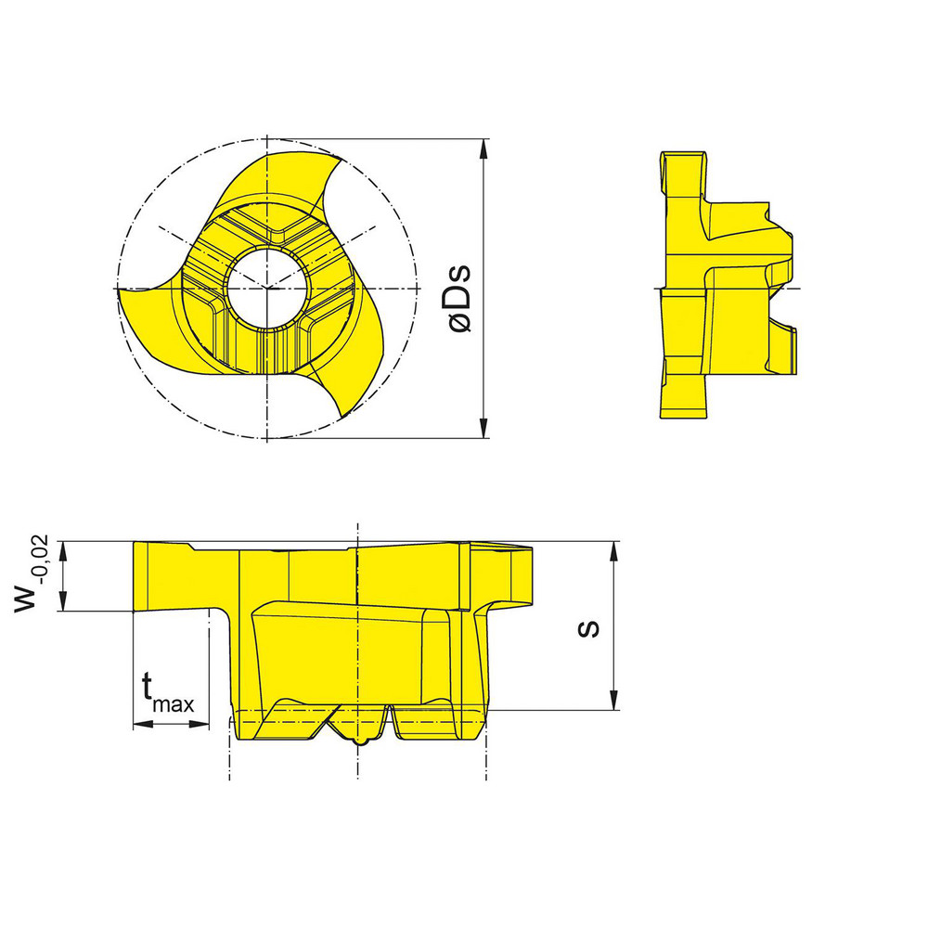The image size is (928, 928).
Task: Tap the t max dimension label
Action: pos(168,693)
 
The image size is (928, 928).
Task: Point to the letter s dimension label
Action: pos(587,628)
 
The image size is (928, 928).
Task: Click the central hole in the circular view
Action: pos(266,288)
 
